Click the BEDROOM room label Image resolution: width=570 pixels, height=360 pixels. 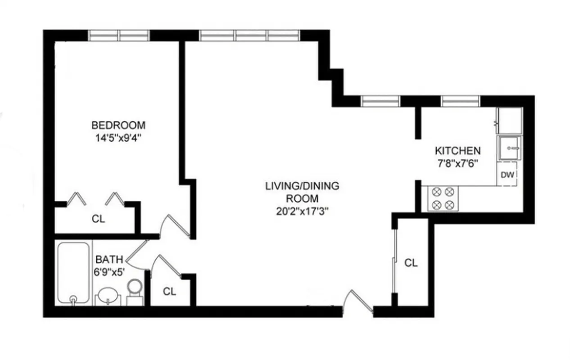pyautogui.click(x=118, y=125)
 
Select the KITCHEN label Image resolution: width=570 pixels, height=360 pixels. pyautogui.click(x=457, y=151)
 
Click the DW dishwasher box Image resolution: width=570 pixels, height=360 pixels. pyautogui.click(x=507, y=175)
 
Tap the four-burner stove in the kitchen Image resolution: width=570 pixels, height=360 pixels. pyautogui.click(x=442, y=198)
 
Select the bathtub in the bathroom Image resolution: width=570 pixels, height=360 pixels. pyautogui.click(x=73, y=272)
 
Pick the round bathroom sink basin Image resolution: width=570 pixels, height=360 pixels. pyautogui.click(x=109, y=297)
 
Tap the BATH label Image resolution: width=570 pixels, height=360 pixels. pyautogui.click(x=109, y=259)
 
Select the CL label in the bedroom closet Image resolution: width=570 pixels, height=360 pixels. pyautogui.click(x=98, y=219)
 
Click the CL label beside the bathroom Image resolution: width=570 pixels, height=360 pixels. pyautogui.click(x=169, y=292)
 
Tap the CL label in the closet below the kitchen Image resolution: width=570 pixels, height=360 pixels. pyautogui.click(x=411, y=263)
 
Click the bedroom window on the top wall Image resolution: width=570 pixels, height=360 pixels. pyautogui.click(x=118, y=35)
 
